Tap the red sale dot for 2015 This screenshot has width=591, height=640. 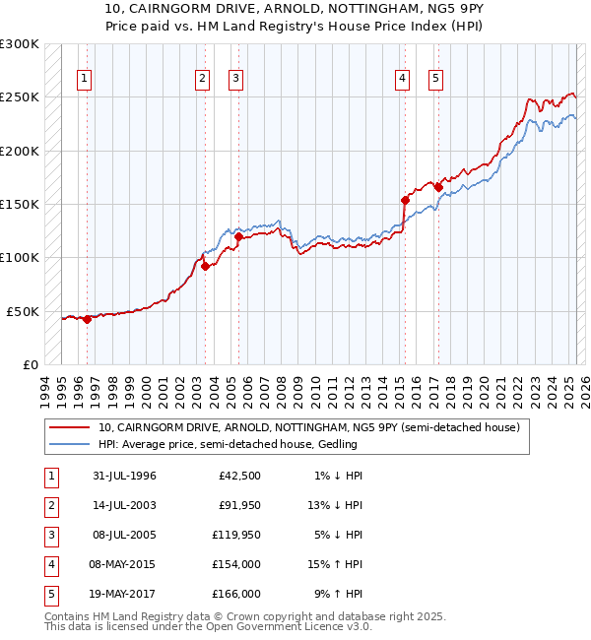[405, 200]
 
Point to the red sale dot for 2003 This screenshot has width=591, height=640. [205, 266]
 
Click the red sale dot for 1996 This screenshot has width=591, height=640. [88, 319]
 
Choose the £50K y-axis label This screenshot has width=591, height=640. [23, 311]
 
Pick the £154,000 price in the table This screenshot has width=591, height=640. [236, 564]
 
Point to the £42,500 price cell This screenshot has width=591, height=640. [239, 476]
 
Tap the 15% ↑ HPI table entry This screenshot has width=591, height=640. [336, 564]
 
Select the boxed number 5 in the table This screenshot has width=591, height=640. [49, 594]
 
